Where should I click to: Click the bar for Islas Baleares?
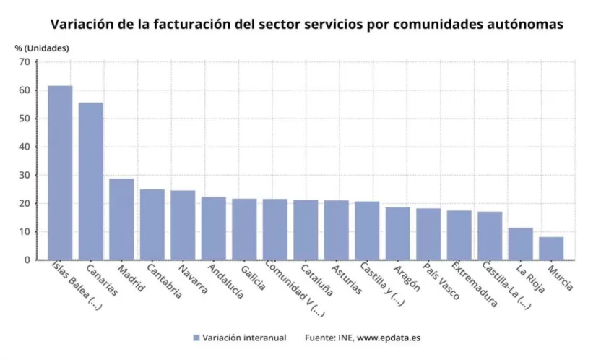click(60, 173)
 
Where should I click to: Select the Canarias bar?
click(91, 181)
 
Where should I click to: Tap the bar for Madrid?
click(121, 219)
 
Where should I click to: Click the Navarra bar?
click(183, 225)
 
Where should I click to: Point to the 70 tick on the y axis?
click(24, 62)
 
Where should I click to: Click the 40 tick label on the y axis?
click(24, 147)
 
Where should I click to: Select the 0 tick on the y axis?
click(27, 260)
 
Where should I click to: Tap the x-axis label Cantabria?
click(163, 283)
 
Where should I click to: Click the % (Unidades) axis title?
click(42, 48)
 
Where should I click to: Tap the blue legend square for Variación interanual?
click(196, 338)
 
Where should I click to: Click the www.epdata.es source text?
click(390, 338)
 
